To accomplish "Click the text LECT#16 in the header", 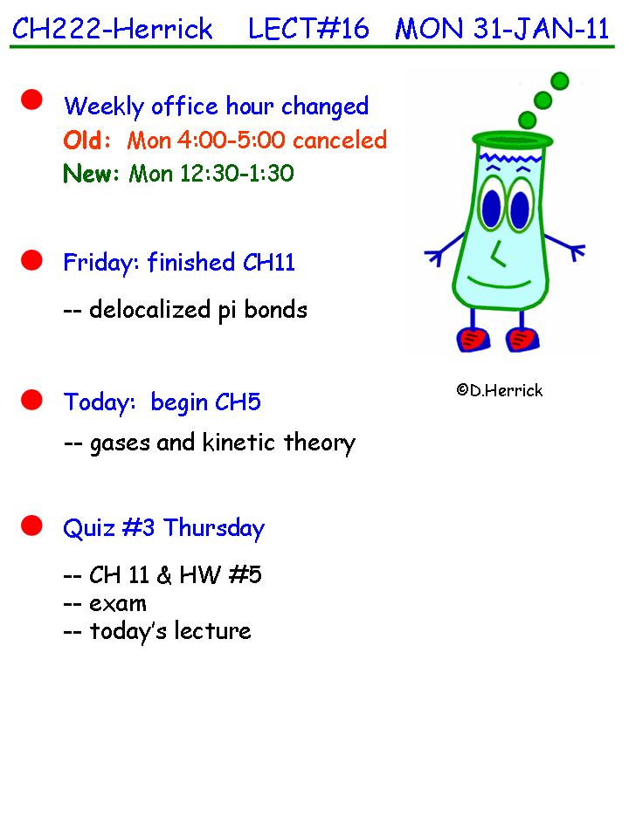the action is click(308, 28).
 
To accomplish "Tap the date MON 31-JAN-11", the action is click(502, 28).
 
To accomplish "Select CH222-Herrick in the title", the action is click(113, 28).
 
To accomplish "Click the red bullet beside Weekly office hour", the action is click(31, 100).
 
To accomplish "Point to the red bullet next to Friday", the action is click(31, 260).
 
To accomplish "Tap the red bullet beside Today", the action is click(31, 400).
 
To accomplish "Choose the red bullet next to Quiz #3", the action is click(31, 525).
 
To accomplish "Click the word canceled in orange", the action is click(340, 140).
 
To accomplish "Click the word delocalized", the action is click(149, 309).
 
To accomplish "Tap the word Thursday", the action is click(214, 529).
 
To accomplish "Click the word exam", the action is click(118, 604).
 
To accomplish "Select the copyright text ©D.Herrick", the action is click(500, 391).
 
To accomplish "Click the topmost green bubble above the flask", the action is click(559, 81).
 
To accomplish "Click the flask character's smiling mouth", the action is click(500, 283).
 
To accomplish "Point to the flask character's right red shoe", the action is click(522, 340).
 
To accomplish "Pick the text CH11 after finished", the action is click(269, 263).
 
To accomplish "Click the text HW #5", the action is click(220, 575).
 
